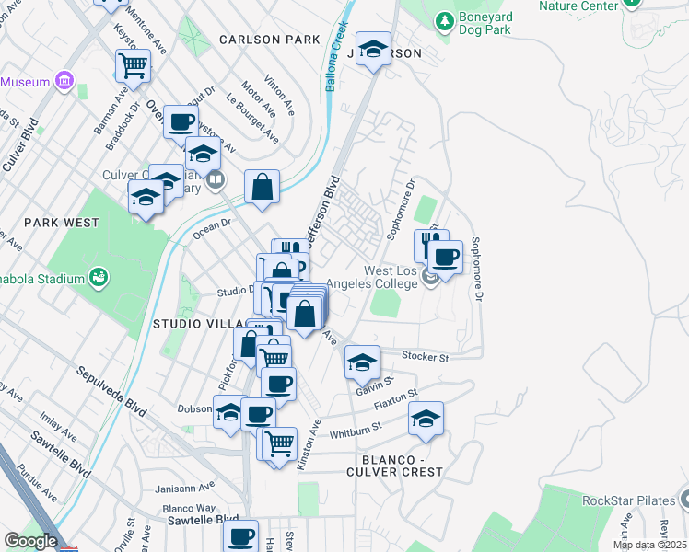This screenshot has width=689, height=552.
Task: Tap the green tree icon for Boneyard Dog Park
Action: [444, 19]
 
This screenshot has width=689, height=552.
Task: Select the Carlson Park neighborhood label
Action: [270, 40]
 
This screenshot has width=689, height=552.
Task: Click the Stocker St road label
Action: [425, 356]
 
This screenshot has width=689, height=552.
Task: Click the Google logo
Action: [29, 541]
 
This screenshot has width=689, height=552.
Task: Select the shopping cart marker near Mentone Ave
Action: [133, 65]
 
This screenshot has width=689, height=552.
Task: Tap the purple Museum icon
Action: [64, 82]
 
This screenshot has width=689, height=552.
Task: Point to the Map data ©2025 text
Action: [648, 545]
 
